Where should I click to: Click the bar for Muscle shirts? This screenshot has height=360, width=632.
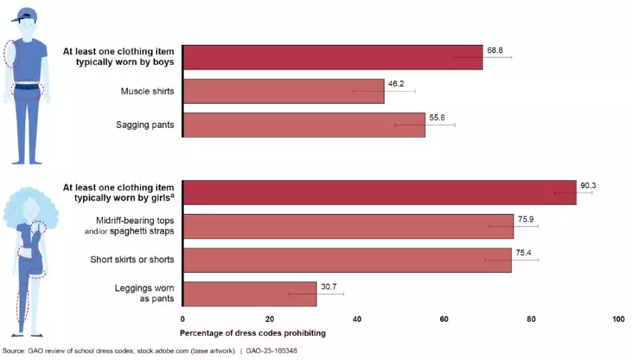pos(283,91)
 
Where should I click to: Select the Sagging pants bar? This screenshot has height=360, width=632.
pos(304,125)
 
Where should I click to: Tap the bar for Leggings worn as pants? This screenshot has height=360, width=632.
pos(249,294)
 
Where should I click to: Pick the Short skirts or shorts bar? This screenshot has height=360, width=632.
pos(346,260)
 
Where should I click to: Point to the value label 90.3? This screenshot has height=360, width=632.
pos(586,175)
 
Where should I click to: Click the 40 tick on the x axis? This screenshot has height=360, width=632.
pos(357,319)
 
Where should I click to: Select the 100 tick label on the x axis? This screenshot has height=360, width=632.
pos(619,319)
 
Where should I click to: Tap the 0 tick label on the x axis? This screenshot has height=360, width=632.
pos(183,319)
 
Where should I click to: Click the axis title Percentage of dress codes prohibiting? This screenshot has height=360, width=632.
pos(253,333)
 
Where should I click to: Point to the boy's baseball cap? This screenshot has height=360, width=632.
pos(26,13)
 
